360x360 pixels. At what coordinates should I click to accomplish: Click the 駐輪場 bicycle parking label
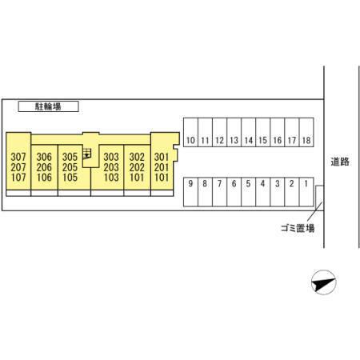[x=48, y=106]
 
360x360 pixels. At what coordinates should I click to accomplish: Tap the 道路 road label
[x=340, y=162]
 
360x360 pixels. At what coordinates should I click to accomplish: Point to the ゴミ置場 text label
[x=298, y=228]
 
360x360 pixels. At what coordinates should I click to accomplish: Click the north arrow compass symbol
[x=323, y=282]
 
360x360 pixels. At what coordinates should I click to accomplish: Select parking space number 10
[x=190, y=132]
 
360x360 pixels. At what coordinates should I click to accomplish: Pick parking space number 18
[x=306, y=132]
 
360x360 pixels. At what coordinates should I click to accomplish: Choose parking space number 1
[x=306, y=192]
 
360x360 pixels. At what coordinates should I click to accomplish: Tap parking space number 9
[x=190, y=192]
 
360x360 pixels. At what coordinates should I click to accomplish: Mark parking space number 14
[x=249, y=132]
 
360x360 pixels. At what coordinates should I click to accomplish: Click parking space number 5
[x=249, y=192]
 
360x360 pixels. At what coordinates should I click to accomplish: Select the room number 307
[x=18, y=157]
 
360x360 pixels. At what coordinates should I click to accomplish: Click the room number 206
[x=44, y=167]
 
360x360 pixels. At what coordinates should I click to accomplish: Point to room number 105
[x=70, y=178]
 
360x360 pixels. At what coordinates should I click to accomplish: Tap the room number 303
[x=111, y=157]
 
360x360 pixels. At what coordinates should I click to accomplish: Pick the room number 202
[x=137, y=167]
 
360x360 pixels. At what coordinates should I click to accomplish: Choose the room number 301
[x=162, y=157]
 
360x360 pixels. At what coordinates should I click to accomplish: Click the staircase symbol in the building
[x=87, y=154]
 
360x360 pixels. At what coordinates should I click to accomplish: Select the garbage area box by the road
[x=320, y=197]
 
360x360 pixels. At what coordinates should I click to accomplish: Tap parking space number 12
[x=219, y=132]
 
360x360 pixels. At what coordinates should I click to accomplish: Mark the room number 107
[x=18, y=178]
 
